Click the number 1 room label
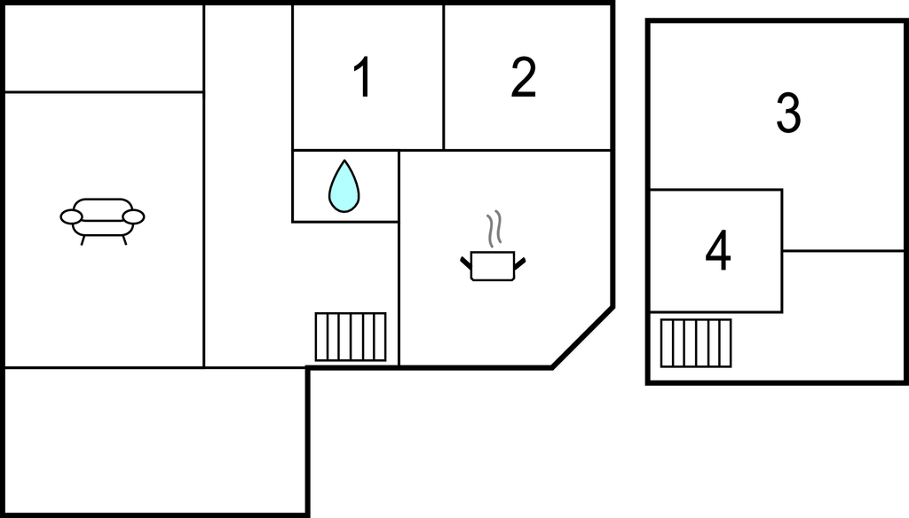click(362, 78)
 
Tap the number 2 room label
click(524, 78)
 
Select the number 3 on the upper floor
click(788, 114)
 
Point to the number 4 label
click(717, 251)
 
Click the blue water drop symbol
click(344, 186)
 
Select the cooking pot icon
click(493, 265)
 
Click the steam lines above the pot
click(495, 228)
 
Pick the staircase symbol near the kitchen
click(351, 336)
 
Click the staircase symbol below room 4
click(696, 342)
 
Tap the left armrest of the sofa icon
click(71, 216)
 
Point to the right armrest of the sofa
click(133, 216)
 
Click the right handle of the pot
click(520, 261)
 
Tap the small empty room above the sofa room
click(104, 48)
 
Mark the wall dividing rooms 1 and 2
click(444, 78)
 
